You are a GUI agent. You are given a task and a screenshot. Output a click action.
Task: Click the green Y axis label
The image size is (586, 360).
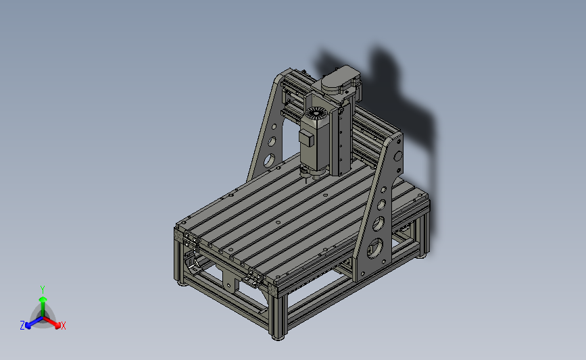click(x=42, y=290)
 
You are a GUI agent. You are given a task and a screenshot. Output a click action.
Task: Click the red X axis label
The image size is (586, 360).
click(x=63, y=326)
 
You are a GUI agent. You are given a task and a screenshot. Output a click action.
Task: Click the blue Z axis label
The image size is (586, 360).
click(x=22, y=326)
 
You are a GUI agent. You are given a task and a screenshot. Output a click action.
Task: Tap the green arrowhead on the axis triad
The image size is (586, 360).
click(x=43, y=299)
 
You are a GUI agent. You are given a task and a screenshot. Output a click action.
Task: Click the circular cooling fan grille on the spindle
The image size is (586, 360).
click(x=316, y=113)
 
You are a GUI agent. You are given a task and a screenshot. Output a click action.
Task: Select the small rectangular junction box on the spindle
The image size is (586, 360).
click(x=306, y=138)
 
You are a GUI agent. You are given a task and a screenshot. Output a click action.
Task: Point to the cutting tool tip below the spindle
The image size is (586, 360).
click(x=307, y=180)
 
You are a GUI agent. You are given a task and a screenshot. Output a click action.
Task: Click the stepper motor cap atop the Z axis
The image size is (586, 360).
click(x=337, y=80)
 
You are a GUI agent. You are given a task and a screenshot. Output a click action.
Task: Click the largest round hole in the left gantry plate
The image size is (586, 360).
click(x=268, y=160)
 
